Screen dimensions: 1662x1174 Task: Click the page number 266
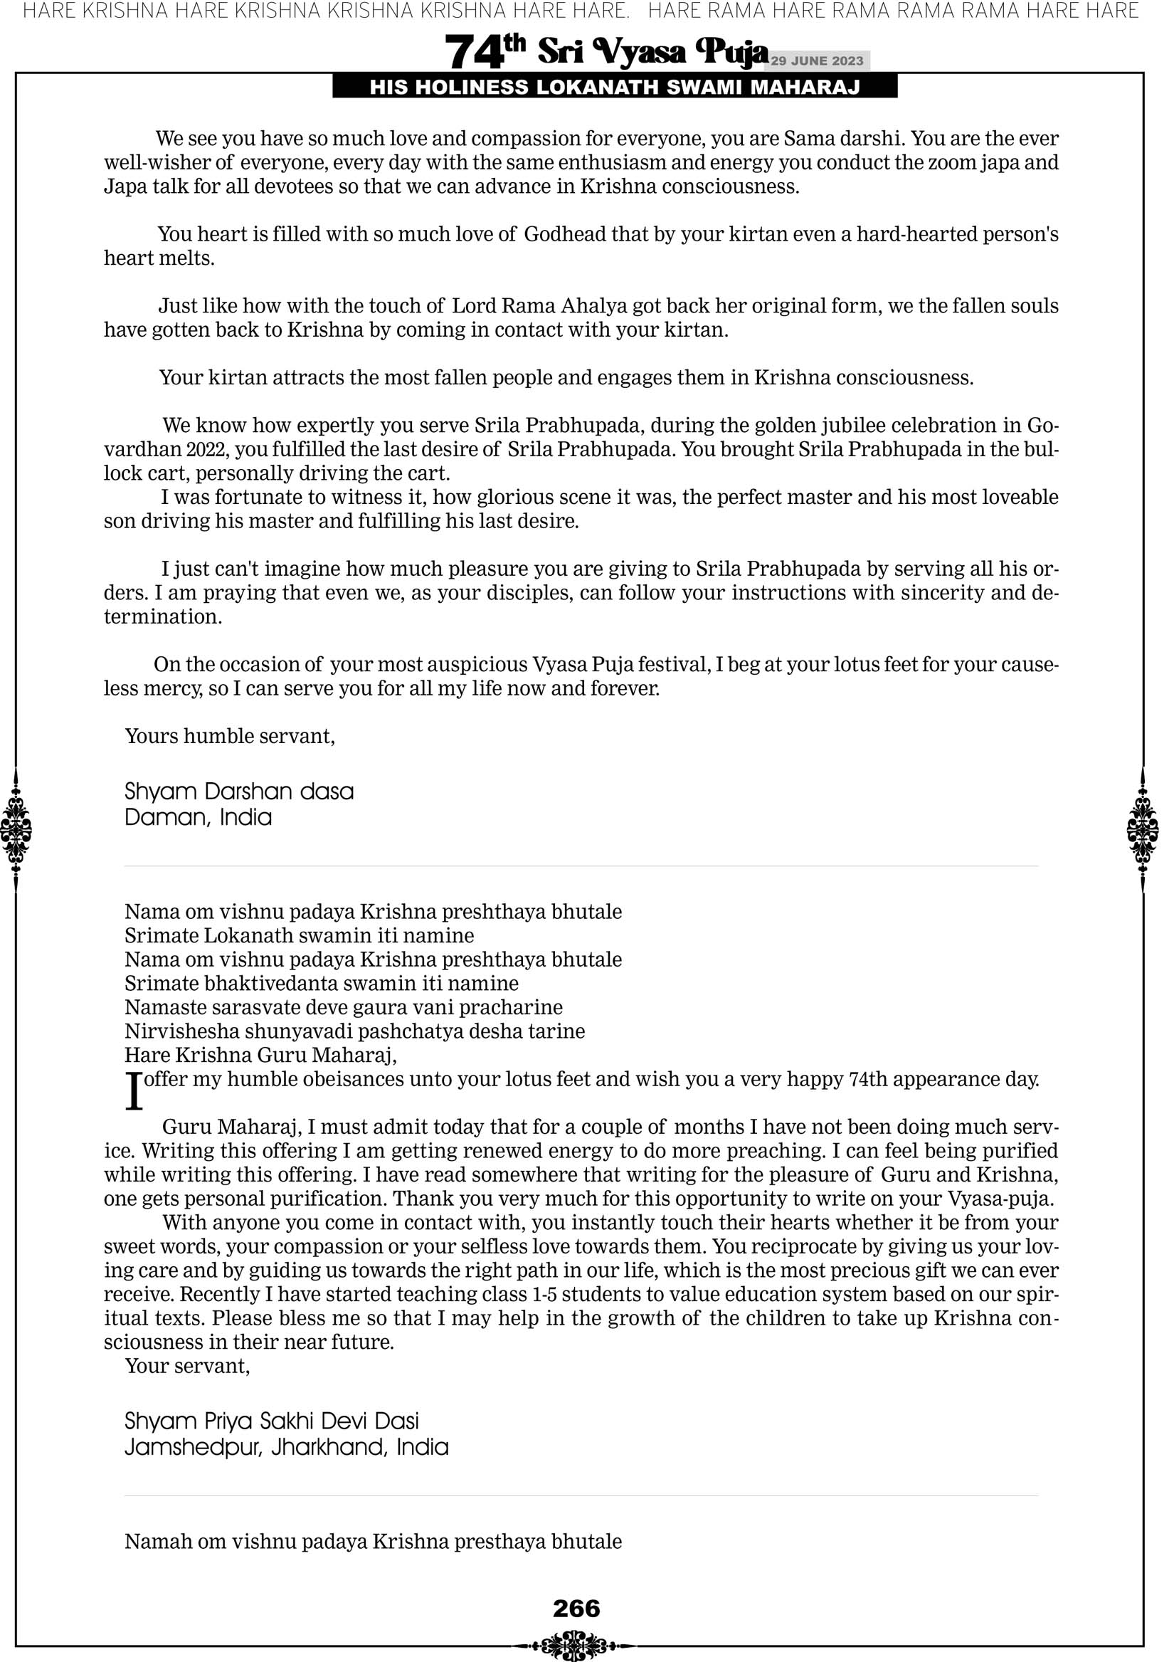point(576,1609)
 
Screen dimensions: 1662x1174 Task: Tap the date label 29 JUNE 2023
point(816,61)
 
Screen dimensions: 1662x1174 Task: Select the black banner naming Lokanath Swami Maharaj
point(615,88)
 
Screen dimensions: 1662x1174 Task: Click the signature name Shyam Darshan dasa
point(239,791)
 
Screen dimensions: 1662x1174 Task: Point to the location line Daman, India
point(199,817)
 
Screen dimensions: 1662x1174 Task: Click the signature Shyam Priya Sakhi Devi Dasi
point(271,1421)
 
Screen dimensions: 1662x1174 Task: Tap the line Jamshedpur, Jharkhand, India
point(287,1447)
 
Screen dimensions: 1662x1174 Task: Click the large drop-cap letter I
point(134,1091)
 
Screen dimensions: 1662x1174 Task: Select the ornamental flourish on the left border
point(16,829)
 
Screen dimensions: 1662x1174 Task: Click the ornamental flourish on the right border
point(1143,829)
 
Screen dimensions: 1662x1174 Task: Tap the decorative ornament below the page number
point(576,1645)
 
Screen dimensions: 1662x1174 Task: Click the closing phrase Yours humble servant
point(229,736)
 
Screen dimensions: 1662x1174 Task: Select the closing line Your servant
point(186,1366)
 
